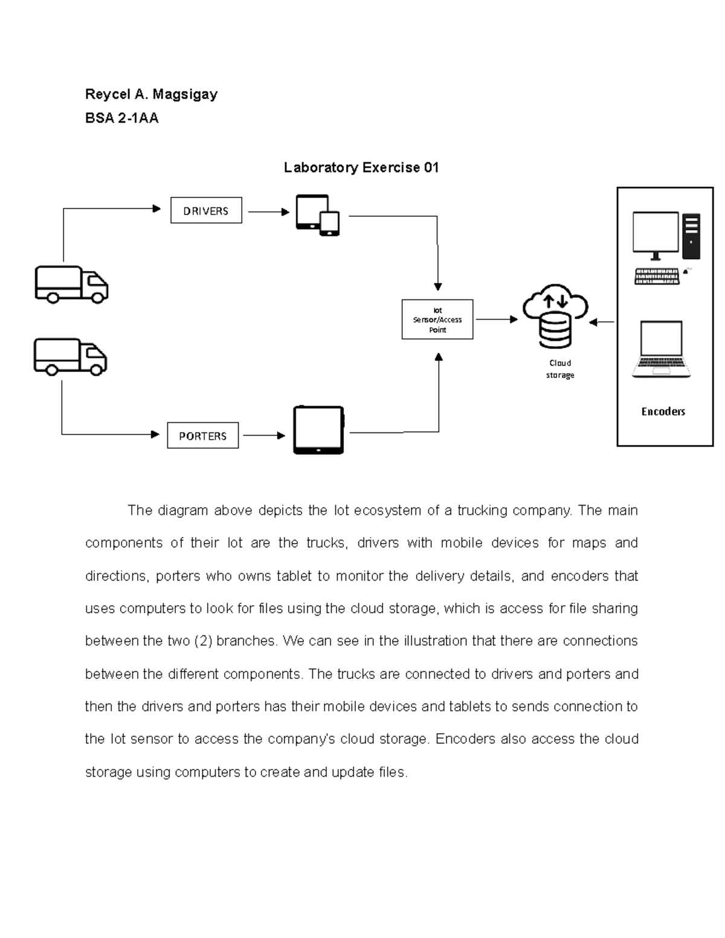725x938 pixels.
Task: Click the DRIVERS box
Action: pos(206,211)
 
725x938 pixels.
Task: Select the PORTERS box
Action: pos(202,435)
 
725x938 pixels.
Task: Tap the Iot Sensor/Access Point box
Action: pos(437,320)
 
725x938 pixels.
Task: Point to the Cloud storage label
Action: pos(560,369)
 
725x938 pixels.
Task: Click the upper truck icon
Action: pos(71,284)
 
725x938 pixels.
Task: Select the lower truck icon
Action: pos(70,356)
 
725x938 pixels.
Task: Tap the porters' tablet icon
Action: pos(318,430)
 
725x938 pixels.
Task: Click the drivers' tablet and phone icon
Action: pos(317,215)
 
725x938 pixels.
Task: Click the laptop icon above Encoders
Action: pos(662,350)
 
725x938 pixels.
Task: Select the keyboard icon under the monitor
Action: pos(657,277)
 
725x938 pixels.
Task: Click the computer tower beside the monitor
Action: pos(691,233)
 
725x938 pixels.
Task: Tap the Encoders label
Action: pos(663,411)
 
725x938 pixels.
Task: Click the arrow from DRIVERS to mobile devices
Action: pos(268,212)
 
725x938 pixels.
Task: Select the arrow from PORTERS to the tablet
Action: pos(263,435)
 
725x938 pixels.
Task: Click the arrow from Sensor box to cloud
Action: pos(496,320)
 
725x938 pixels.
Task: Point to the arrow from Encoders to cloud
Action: pos(602,323)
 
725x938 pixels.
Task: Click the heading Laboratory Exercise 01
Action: pos(361,167)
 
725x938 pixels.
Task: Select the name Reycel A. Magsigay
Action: pos(151,94)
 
